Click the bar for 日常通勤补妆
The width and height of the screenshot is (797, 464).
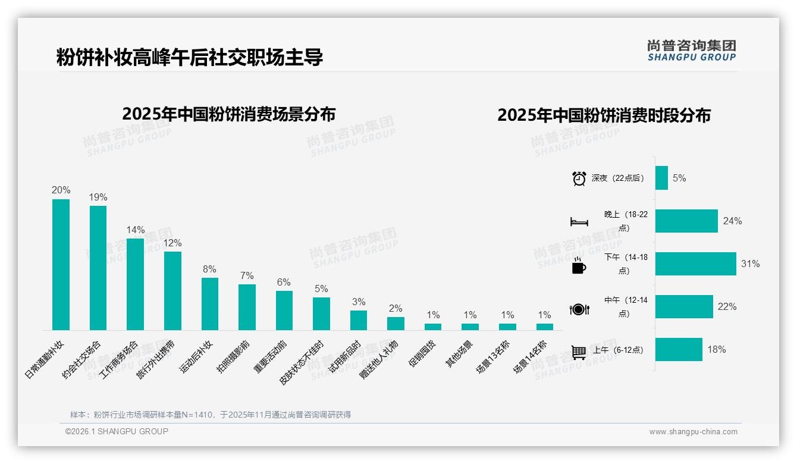pos(61,265)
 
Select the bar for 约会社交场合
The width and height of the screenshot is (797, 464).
pos(98,268)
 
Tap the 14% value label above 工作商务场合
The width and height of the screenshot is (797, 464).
pos(135,230)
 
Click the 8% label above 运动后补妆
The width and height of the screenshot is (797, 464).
pos(209,269)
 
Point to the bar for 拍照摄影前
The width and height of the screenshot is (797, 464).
pos(247,307)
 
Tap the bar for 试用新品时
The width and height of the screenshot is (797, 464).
pos(358,320)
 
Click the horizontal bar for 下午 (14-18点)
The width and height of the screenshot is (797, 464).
pos(695,264)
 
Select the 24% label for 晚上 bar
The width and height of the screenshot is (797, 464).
pos(732,221)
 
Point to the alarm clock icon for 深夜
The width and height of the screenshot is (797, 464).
pos(579,178)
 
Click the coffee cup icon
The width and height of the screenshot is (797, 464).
pos(579,266)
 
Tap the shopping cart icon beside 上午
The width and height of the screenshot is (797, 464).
pos(579,352)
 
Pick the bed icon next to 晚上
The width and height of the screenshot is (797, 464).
pos(579,222)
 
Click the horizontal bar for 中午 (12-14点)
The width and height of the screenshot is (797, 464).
pos(684,306)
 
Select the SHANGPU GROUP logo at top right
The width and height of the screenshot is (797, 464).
pos(691,51)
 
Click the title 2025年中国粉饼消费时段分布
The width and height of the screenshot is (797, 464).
pos(604,115)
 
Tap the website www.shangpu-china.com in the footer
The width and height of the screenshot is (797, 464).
pos(693,432)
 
